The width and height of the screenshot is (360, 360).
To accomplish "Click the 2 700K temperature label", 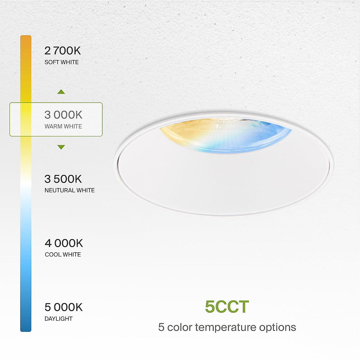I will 62,51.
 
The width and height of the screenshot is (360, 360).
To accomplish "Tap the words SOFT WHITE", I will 61,62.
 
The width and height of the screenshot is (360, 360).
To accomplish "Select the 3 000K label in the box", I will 63,115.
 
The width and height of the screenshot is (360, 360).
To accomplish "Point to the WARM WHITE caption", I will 63,127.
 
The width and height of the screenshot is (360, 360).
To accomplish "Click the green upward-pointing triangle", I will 61,92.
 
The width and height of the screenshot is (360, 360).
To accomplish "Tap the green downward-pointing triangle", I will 61,147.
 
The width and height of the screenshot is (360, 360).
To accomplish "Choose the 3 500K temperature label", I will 63,179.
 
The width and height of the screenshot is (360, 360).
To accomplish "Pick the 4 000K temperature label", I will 64,243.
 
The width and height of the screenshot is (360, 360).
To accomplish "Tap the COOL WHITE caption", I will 63,255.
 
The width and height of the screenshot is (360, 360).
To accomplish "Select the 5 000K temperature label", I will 63,307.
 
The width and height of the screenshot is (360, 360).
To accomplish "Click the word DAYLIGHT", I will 58,319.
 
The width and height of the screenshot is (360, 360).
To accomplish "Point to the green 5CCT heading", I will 227,307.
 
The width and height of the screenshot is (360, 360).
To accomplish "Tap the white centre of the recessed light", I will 223,177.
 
